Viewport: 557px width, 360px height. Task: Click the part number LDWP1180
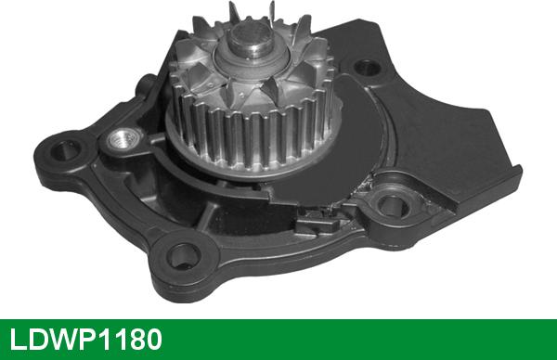click(x=86, y=340)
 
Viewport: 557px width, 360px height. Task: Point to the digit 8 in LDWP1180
click(x=132, y=340)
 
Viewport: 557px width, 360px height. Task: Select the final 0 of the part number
click(x=153, y=340)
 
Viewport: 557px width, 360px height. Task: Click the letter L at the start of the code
click(x=18, y=340)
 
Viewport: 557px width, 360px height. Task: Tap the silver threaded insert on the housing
click(x=122, y=139)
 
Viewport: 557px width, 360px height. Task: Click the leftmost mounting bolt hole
click(x=65, y=149)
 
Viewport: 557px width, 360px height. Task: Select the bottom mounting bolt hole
click(x=183, y=256)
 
